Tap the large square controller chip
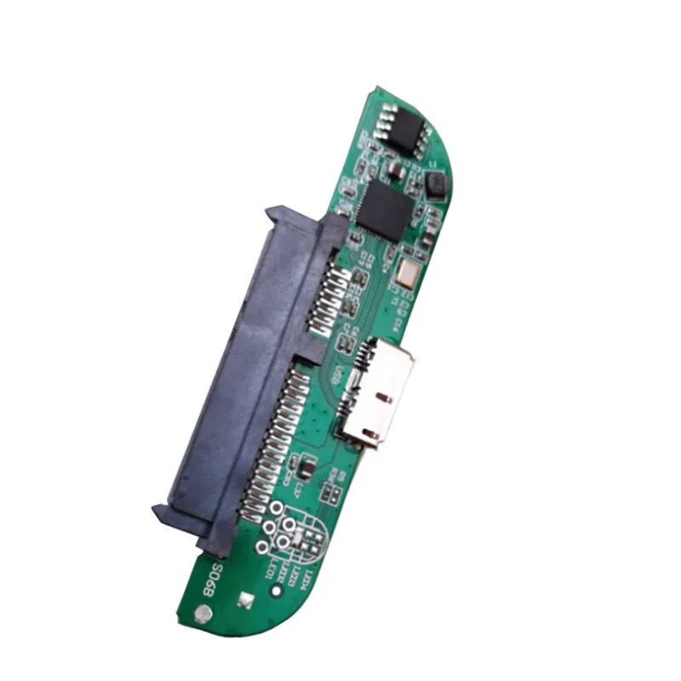click(x=383, y=209)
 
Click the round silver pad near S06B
click(x=203, y=611)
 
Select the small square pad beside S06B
click(x=244, y=599)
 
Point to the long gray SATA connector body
click(x=243, y=366)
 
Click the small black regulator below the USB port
click(x=302, y=466)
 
